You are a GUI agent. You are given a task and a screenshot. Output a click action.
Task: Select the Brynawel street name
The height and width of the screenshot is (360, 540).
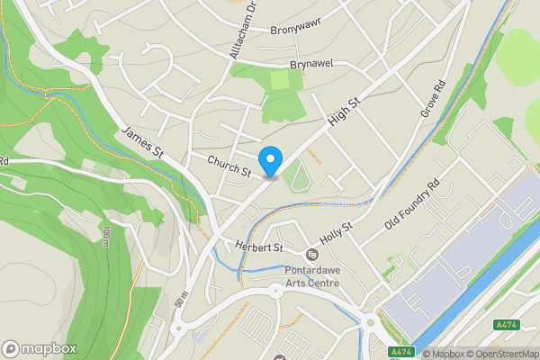point(311,66)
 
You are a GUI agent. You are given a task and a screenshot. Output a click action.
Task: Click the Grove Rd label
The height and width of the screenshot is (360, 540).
point(434,101)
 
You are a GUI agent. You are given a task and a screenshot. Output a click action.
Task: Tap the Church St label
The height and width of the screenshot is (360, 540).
point(229,166)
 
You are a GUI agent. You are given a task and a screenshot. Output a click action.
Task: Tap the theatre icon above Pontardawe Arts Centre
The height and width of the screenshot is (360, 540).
point(312,254)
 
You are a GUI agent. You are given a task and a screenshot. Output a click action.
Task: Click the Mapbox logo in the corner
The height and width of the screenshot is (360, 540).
point(40,348)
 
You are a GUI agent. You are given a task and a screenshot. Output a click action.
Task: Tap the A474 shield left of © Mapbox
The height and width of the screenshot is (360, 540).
point(400,352)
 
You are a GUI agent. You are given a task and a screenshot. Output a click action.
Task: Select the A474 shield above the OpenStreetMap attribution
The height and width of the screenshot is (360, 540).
point(505,325)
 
